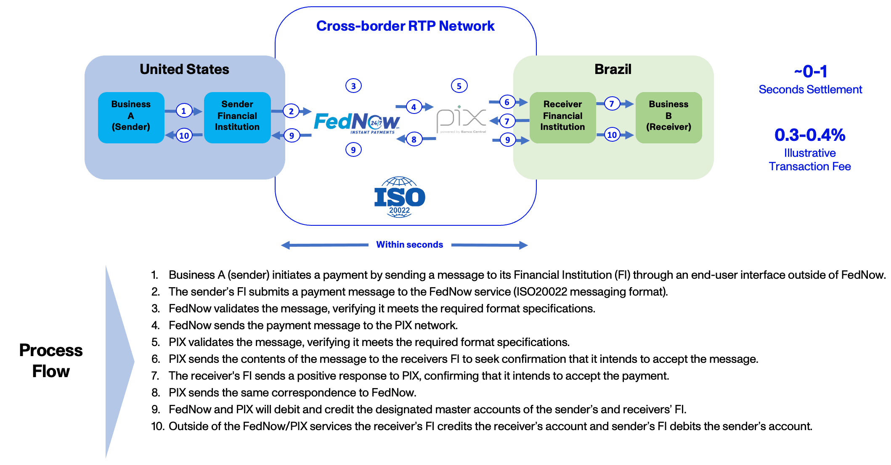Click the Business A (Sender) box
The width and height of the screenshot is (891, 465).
pyautogui.click(x=131, y=117)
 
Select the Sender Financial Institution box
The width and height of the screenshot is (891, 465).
pyautogui.click(x=237, y=117)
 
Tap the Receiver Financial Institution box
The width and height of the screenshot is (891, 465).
pyautogui.click(x=562, y=117)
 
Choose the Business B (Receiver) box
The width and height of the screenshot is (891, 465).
pyautogui.click(x=668, y=117)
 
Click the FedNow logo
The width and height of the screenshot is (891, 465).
pyautogui.click(x=357, y=122)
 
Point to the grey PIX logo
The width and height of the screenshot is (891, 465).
pyautogui.click(x=461, y=119)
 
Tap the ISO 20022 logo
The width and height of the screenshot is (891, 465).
pyautogui.click(x=399, y=197)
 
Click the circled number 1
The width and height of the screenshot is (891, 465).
pyautogui.click(x=183, y=111)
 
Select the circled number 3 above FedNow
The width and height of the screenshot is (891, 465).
pyautogui.click(x=353, y=86)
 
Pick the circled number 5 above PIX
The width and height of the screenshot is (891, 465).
pyautogui.click(x=459, y=86)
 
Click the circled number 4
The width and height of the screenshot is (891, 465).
pyautogui.click(x=414, y=107)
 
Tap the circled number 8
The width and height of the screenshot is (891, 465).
pyautogui.click(x=414, y=139)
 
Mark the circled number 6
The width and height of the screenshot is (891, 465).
pyautogui.click(x=507, y=102)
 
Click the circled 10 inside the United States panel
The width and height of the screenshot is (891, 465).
pyautogui.click(x=184, y=135)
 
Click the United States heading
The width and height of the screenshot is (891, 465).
pyautogui.click(x=184, y=69)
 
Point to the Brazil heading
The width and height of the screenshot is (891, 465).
pyautogui.click(x=613, y=69)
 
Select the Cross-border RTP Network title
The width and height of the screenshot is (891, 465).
pyautogui.click(x=405, y=26)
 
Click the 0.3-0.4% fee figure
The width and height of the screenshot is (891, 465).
pyautogui.click(x=810, y=135)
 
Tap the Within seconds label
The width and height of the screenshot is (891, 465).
pyautogui.click(x=409, y=245)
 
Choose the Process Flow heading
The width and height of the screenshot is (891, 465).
pyautogui.click(x=51, y=361)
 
